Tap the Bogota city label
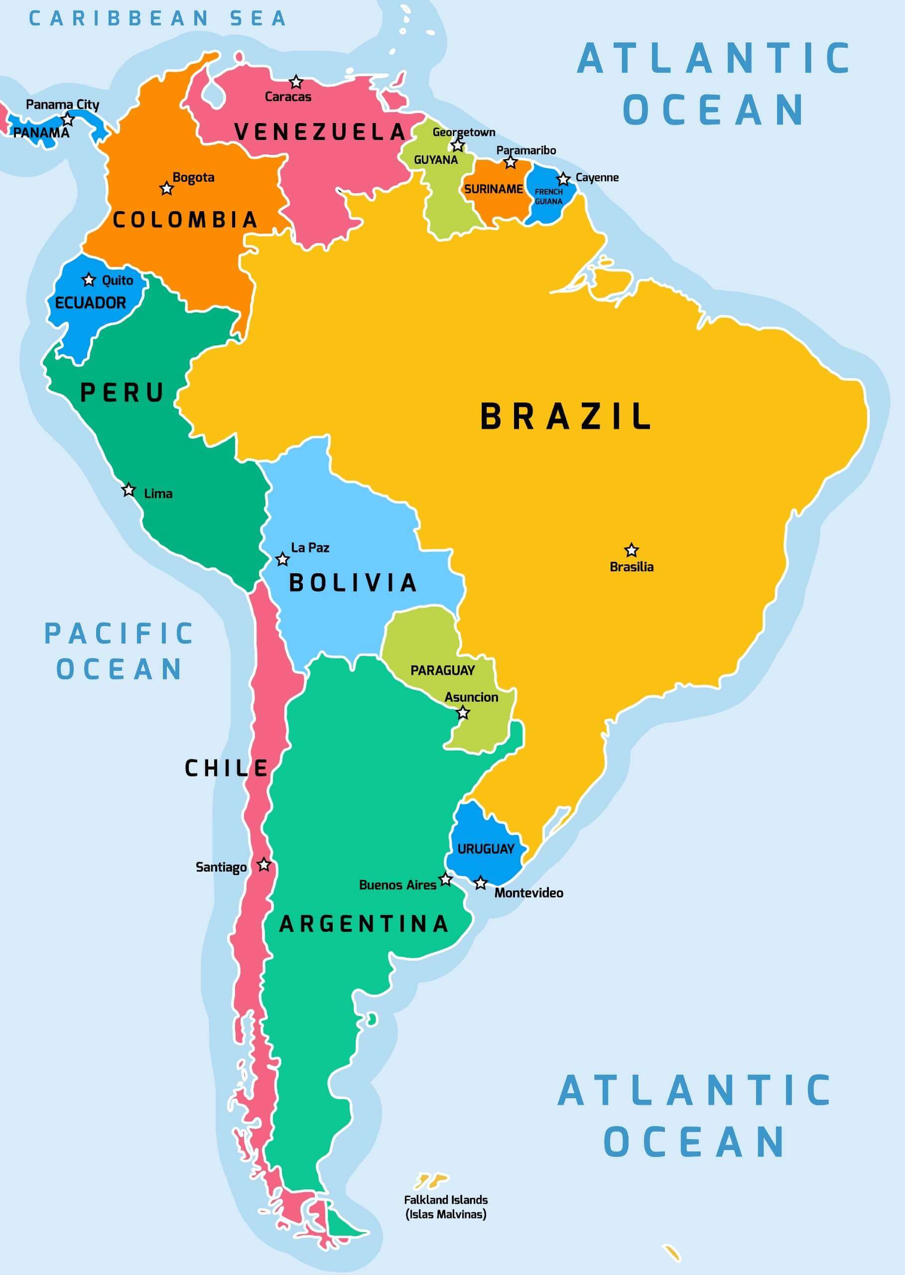pos(193,177)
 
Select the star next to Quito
pos(89,280)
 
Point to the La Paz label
pos(310,548)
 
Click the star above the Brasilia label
pos(631,550)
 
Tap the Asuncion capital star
pos(463,713)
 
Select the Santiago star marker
pos(263,865)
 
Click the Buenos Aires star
pos(445,880)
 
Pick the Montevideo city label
pos(528,892)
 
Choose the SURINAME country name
pos(493,189)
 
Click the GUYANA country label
pos(435,160)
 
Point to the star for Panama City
pos(67,119)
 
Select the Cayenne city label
pos(597,177)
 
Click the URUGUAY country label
pos(486,849)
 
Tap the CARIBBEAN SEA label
pos(157,18)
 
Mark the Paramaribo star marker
pos(511,163)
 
